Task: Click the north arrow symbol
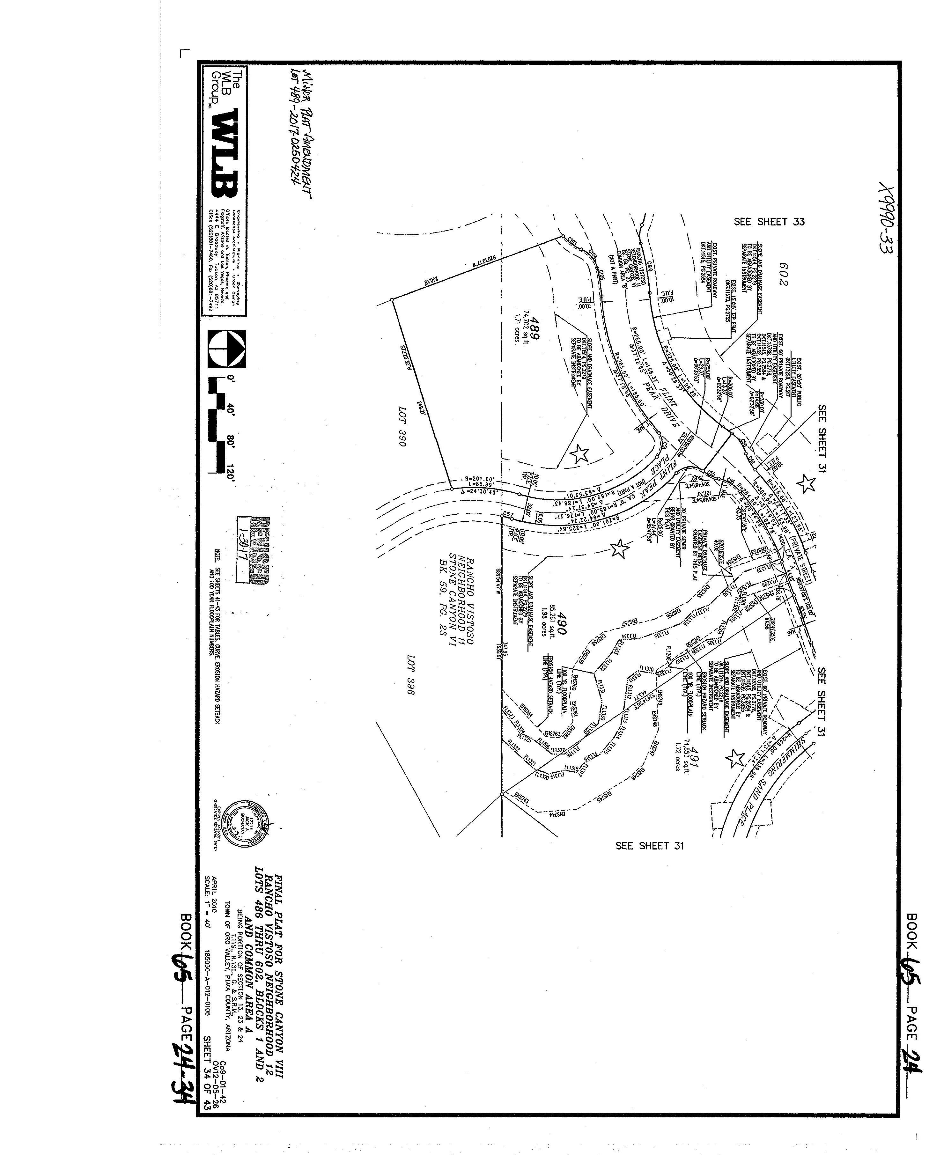coord(228,349)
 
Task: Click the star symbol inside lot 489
coord(579,454)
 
